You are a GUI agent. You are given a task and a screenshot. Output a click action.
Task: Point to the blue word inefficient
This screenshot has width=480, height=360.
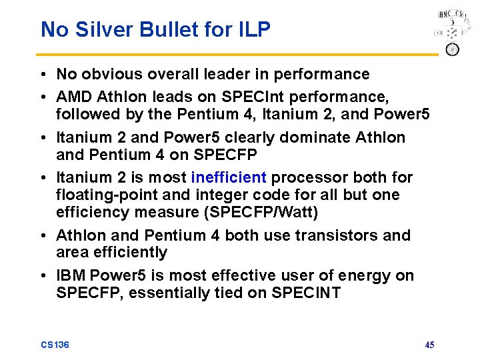[229, 177]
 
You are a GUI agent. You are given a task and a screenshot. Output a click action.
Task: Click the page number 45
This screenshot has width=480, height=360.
[429, 345]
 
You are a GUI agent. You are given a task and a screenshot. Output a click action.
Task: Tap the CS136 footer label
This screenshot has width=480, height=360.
[55, 345]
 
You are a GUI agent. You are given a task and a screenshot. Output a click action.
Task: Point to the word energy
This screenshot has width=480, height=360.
[369, 275]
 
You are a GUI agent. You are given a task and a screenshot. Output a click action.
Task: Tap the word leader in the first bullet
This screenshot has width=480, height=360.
[239, 74]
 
